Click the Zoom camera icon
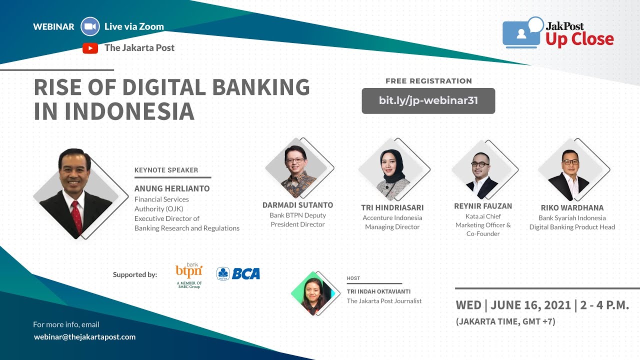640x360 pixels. pos(90,26)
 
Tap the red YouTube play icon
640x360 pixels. pos(90,48)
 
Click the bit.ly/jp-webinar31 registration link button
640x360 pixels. pos(428,100)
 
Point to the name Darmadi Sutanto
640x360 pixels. pos(297,205)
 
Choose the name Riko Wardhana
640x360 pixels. pos(572,207)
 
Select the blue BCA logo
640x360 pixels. pos(238,273)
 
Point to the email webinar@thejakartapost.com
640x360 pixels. pos(84,337)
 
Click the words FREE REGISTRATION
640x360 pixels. pos(428,81)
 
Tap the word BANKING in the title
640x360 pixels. pos(261,87)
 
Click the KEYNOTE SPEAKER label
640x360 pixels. pos(166,170)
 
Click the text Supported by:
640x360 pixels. pos(135,274)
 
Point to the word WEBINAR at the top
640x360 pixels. pos(53,27)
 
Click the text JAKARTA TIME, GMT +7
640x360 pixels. pos(505,322)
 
